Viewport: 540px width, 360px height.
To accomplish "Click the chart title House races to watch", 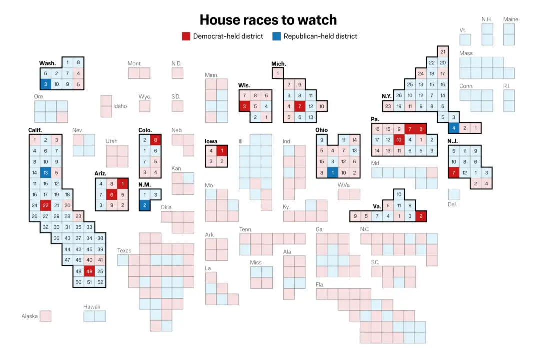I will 268,20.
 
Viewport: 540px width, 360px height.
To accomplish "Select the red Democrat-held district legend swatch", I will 186,36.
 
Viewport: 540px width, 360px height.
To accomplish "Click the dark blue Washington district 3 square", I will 45,84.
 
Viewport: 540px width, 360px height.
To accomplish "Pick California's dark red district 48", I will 89,271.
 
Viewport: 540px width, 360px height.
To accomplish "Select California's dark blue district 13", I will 45,173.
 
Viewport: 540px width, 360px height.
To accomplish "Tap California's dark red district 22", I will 45,205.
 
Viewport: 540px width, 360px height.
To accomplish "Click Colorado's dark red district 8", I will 156,140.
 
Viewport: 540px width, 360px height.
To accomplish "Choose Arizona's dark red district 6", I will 112,194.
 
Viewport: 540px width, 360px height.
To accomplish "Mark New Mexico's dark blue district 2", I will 145,205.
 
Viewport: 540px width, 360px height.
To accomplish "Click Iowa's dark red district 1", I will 222,150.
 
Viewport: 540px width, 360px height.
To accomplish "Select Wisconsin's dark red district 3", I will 244,106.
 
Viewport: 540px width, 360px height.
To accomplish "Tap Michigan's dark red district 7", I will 299,106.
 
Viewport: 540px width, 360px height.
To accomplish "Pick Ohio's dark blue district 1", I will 332,173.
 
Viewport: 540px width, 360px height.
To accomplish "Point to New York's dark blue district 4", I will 454,128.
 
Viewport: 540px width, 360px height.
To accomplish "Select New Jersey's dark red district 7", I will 454,173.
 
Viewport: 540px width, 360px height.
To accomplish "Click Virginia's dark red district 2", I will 421,216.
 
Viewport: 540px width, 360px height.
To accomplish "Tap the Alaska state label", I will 29,316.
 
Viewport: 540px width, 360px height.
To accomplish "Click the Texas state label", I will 124,250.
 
